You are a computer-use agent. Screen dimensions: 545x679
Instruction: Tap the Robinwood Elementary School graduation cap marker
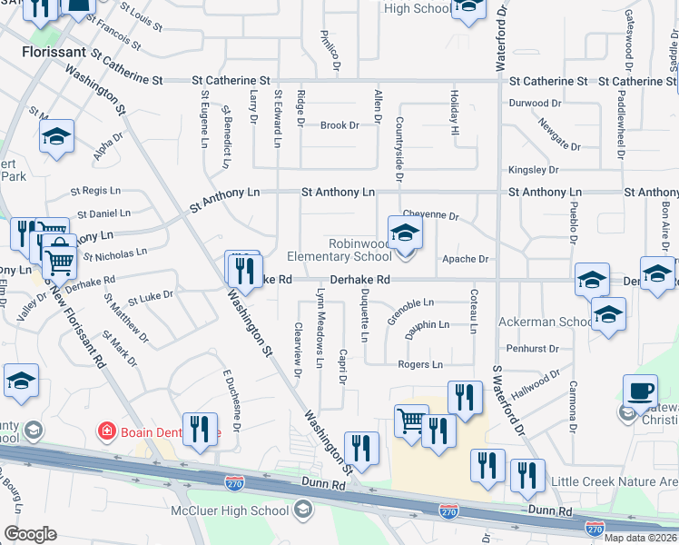[405, 233]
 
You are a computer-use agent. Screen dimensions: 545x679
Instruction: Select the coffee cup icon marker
[640, 391]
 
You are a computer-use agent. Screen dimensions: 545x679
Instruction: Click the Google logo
[29, 534]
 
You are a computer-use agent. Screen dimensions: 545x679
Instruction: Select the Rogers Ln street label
[419, 364]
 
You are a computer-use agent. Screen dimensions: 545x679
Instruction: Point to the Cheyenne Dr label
[430, 215]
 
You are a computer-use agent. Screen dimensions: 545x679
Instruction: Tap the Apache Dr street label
[466, 259]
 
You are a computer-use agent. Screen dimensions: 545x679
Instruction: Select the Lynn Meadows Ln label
[319, 329]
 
